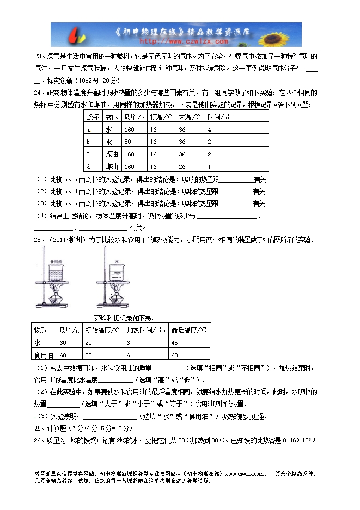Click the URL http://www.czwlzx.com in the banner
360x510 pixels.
click(x=176, y=41)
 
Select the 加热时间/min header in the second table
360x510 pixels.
click(x=145, y=330)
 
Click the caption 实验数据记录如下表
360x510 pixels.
click(x=124, y=318)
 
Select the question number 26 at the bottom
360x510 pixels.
click(x=38, y=440)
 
